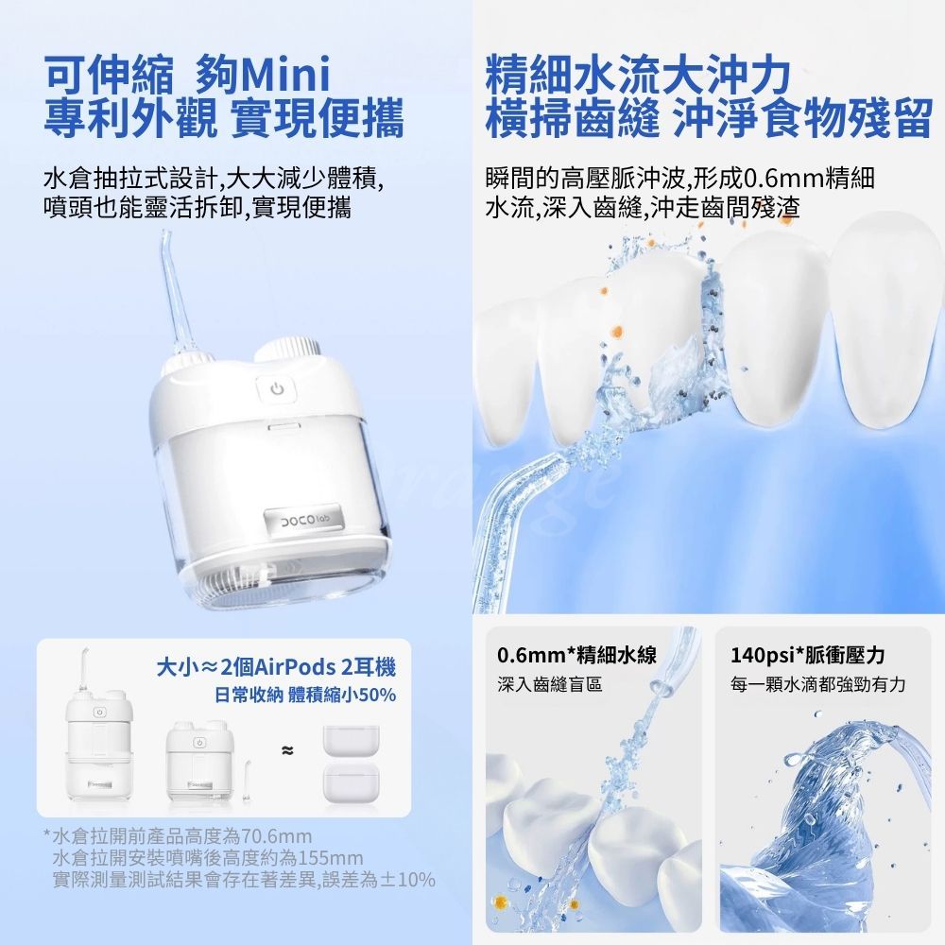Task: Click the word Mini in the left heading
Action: pyautogui.click(x=284, y=74)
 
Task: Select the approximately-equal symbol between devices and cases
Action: pyautogui.click(x=286, y=749)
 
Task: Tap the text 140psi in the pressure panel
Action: pyautogui.click(x=762, y=655)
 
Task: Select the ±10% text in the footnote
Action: pyautogui.click(x=404, y=880)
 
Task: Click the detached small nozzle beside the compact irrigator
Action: pyautogui.click(x=246, y=782)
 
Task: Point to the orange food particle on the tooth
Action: pyautogui.click(x=614, y=331)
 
